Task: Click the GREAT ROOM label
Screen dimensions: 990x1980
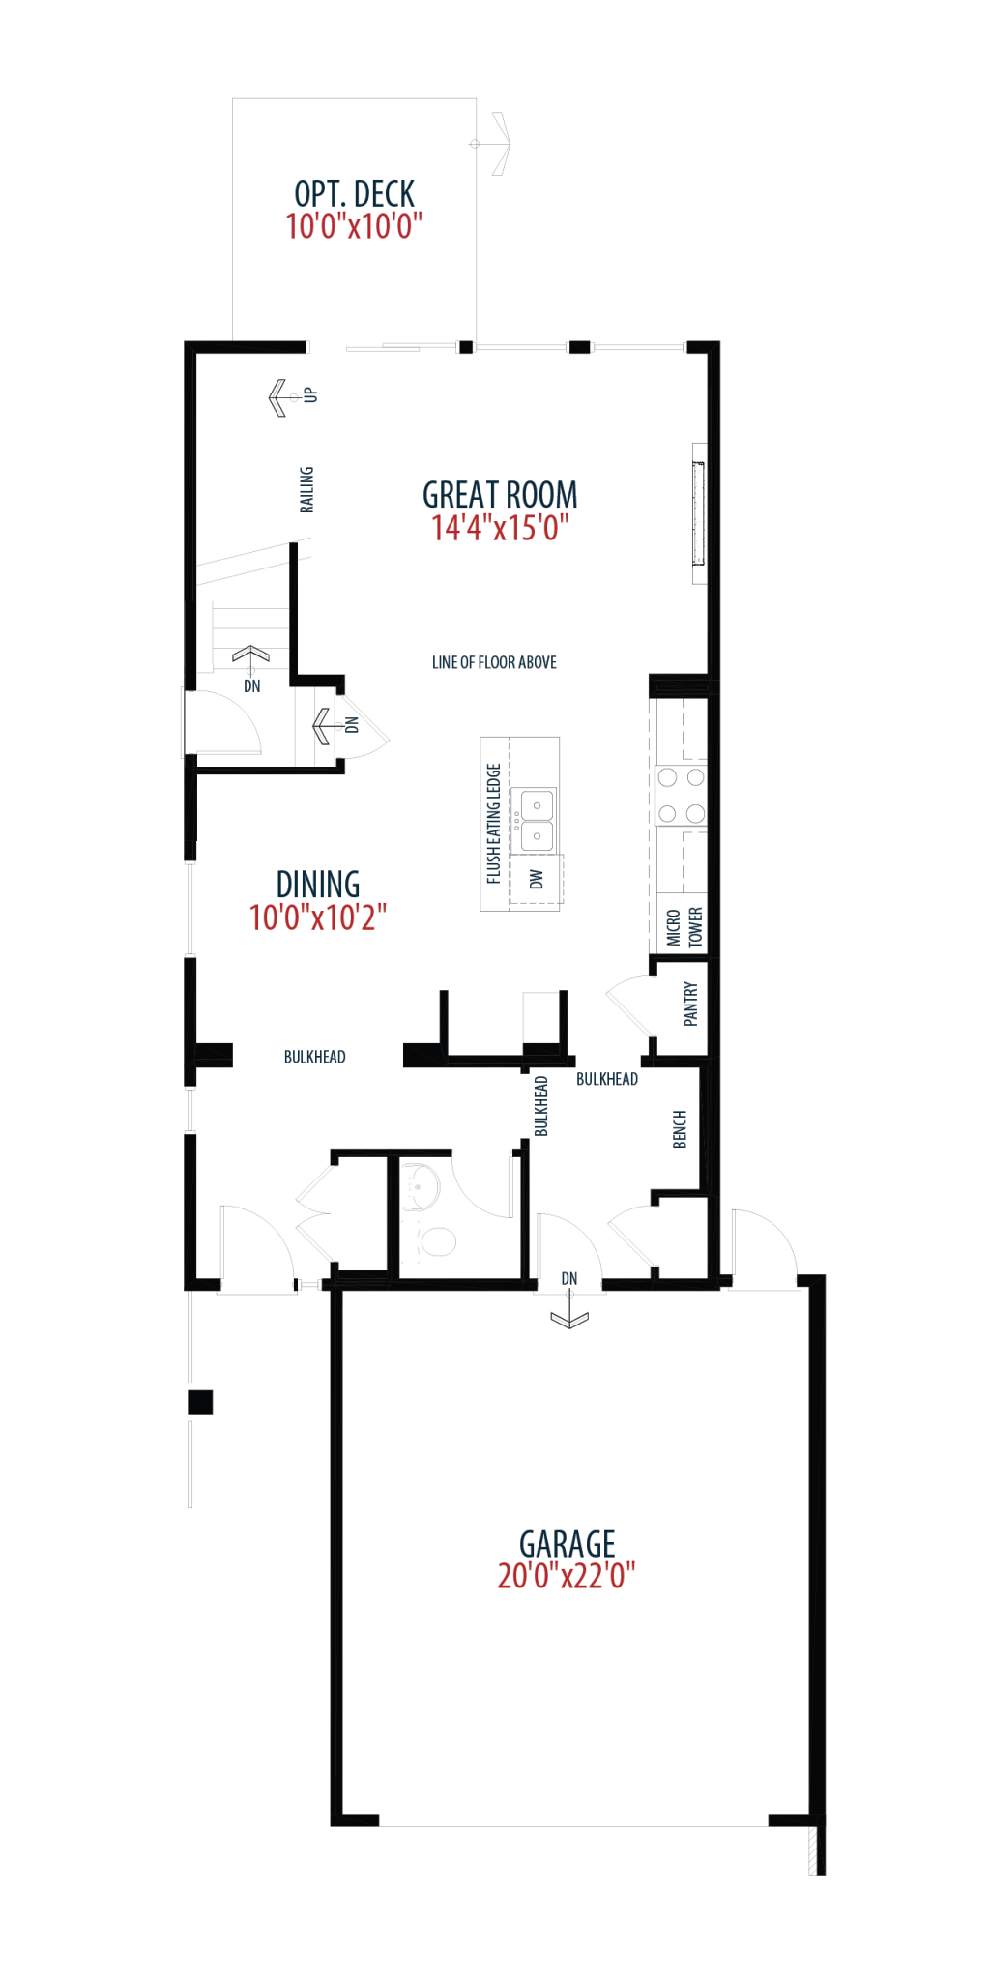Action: tap(500, 495)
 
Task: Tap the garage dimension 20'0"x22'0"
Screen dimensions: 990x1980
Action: tap(567, 1576)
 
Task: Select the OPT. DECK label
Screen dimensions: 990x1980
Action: tap(354, 194)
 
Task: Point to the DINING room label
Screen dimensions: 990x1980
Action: tap(318, 885)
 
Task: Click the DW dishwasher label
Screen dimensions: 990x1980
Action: tap(537, 879)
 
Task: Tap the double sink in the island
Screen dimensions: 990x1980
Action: tap(537, 820)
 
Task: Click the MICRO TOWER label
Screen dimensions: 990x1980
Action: tap(684, 927)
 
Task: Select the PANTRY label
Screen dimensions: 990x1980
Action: tap(690, 1004)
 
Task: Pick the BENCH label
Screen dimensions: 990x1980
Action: tap(680, 1129)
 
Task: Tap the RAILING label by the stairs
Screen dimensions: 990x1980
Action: tap(306, 489)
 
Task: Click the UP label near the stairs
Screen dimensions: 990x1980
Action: tap(310, 394)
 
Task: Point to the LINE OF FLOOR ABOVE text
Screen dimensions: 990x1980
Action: tap(494, 662)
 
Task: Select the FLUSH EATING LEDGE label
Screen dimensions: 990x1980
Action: tap(493, 824)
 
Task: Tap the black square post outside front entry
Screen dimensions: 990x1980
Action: tap(200, 1402)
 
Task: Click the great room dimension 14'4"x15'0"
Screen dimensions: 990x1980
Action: tap(500, 528)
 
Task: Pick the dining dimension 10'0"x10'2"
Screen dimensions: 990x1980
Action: tap(318, 917)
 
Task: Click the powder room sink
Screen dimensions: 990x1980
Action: tap(421, 1186)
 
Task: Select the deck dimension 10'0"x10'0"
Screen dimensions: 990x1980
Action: tap(354, 226)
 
